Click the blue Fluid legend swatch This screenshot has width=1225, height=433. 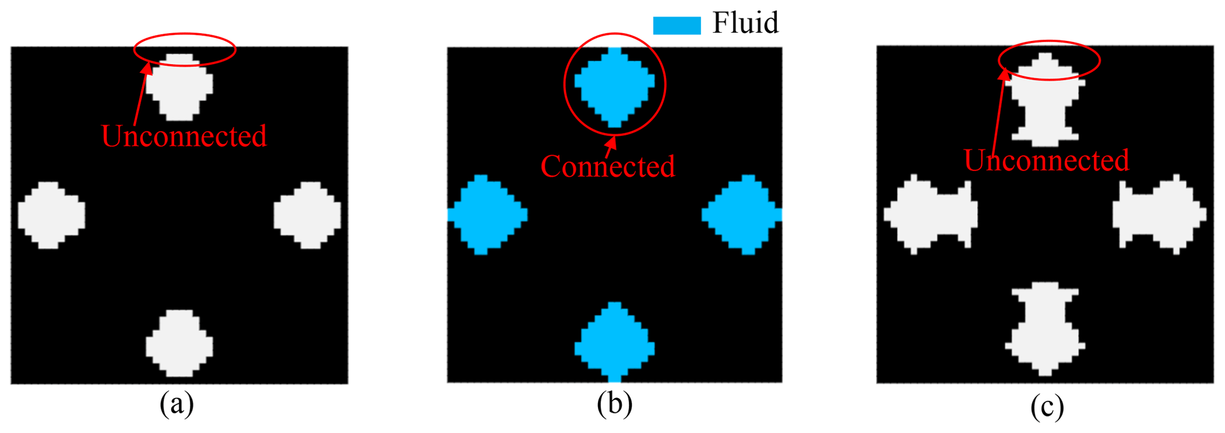[677, 25]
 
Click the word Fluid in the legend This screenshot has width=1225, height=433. [745, 23]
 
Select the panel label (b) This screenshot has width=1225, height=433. [615, 405]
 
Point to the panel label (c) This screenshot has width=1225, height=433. [1047, 407]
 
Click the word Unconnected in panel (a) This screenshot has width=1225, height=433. [184, 136]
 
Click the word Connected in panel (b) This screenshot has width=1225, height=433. [607, 167]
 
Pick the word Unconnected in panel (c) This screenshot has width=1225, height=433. [1046, 161]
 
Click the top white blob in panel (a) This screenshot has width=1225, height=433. [180, 88]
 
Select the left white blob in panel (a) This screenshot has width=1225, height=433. [51, 215]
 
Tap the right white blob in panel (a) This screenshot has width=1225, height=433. [308, 215]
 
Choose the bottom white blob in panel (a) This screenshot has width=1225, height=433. [180, 343]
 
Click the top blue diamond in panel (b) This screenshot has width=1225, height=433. [615, 87]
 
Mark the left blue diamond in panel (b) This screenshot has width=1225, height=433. [487, 215]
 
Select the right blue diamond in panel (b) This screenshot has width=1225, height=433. [742, 215]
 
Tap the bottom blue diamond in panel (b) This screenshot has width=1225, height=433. [615, 343]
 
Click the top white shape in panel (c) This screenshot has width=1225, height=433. [1046, 101]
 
